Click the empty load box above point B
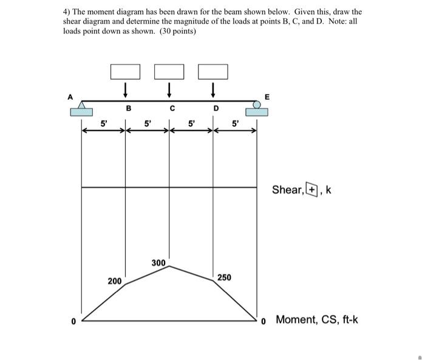pyautogui.click(x=125, y=71)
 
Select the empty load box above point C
pyautogui.click(x=169, y=71)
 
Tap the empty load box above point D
pyautogui.click(x=213, y=71)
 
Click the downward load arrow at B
pyautogui.click(x=125, y=90)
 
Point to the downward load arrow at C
pyautogui.click(x=169, y=90)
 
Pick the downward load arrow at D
pyautogui.click(x=213, y=90)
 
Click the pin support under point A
pyautogui.click(x=81, y=109)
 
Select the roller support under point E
pyautogui.click(x=257, y=109)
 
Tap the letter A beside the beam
pyautogui.click(x=70, y=96)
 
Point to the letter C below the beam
pyautogui.click(x=172, y=110)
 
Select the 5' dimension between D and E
pyautogui.click(x=236, y=124)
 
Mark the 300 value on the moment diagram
pyautogui.click(x=158, y=263)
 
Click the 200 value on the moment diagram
pyautogui.click(x=114, y=281)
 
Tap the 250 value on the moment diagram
pyautogui.click(x=224, y=277)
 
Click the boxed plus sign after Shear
pyautogui.click(x=311, y=189)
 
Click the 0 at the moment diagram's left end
pyautogui.click(x=73, y=321)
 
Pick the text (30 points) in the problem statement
pyautogui.click(x=178, y=30)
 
